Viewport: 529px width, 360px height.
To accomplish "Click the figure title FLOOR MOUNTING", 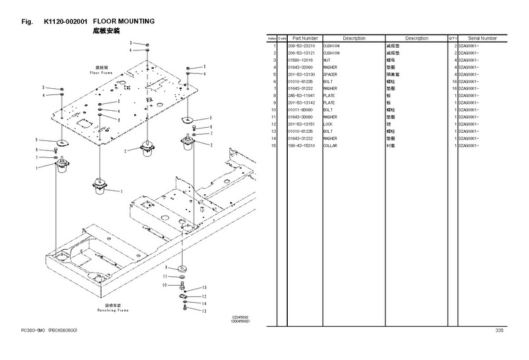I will [124, 21].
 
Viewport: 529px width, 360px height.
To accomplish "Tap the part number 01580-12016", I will [300, 60].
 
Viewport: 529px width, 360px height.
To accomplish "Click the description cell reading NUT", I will [327, 60].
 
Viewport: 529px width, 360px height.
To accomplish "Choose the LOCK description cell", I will [328, 124].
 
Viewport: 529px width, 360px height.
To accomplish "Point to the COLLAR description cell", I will [331, 145].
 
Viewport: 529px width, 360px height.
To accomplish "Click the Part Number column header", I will [305, 38].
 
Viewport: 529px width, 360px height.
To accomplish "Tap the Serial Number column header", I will [482, 38].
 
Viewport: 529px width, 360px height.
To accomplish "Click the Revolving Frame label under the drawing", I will [113, 310].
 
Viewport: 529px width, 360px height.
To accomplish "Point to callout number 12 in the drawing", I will [203, 296].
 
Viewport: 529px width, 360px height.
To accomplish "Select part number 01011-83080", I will [300, 110].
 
